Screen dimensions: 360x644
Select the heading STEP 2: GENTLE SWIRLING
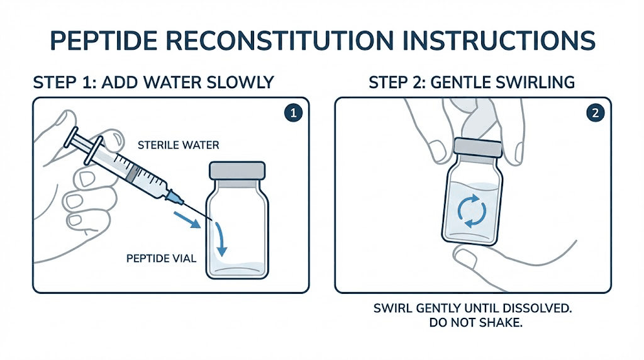point(472,82)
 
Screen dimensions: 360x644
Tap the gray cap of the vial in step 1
point(237,171)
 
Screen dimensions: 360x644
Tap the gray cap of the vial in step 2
point(477,149)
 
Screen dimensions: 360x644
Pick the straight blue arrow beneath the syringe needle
point(189,217)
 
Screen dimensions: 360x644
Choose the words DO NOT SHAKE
point(473,324)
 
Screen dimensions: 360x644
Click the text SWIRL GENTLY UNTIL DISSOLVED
point(473,309)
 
